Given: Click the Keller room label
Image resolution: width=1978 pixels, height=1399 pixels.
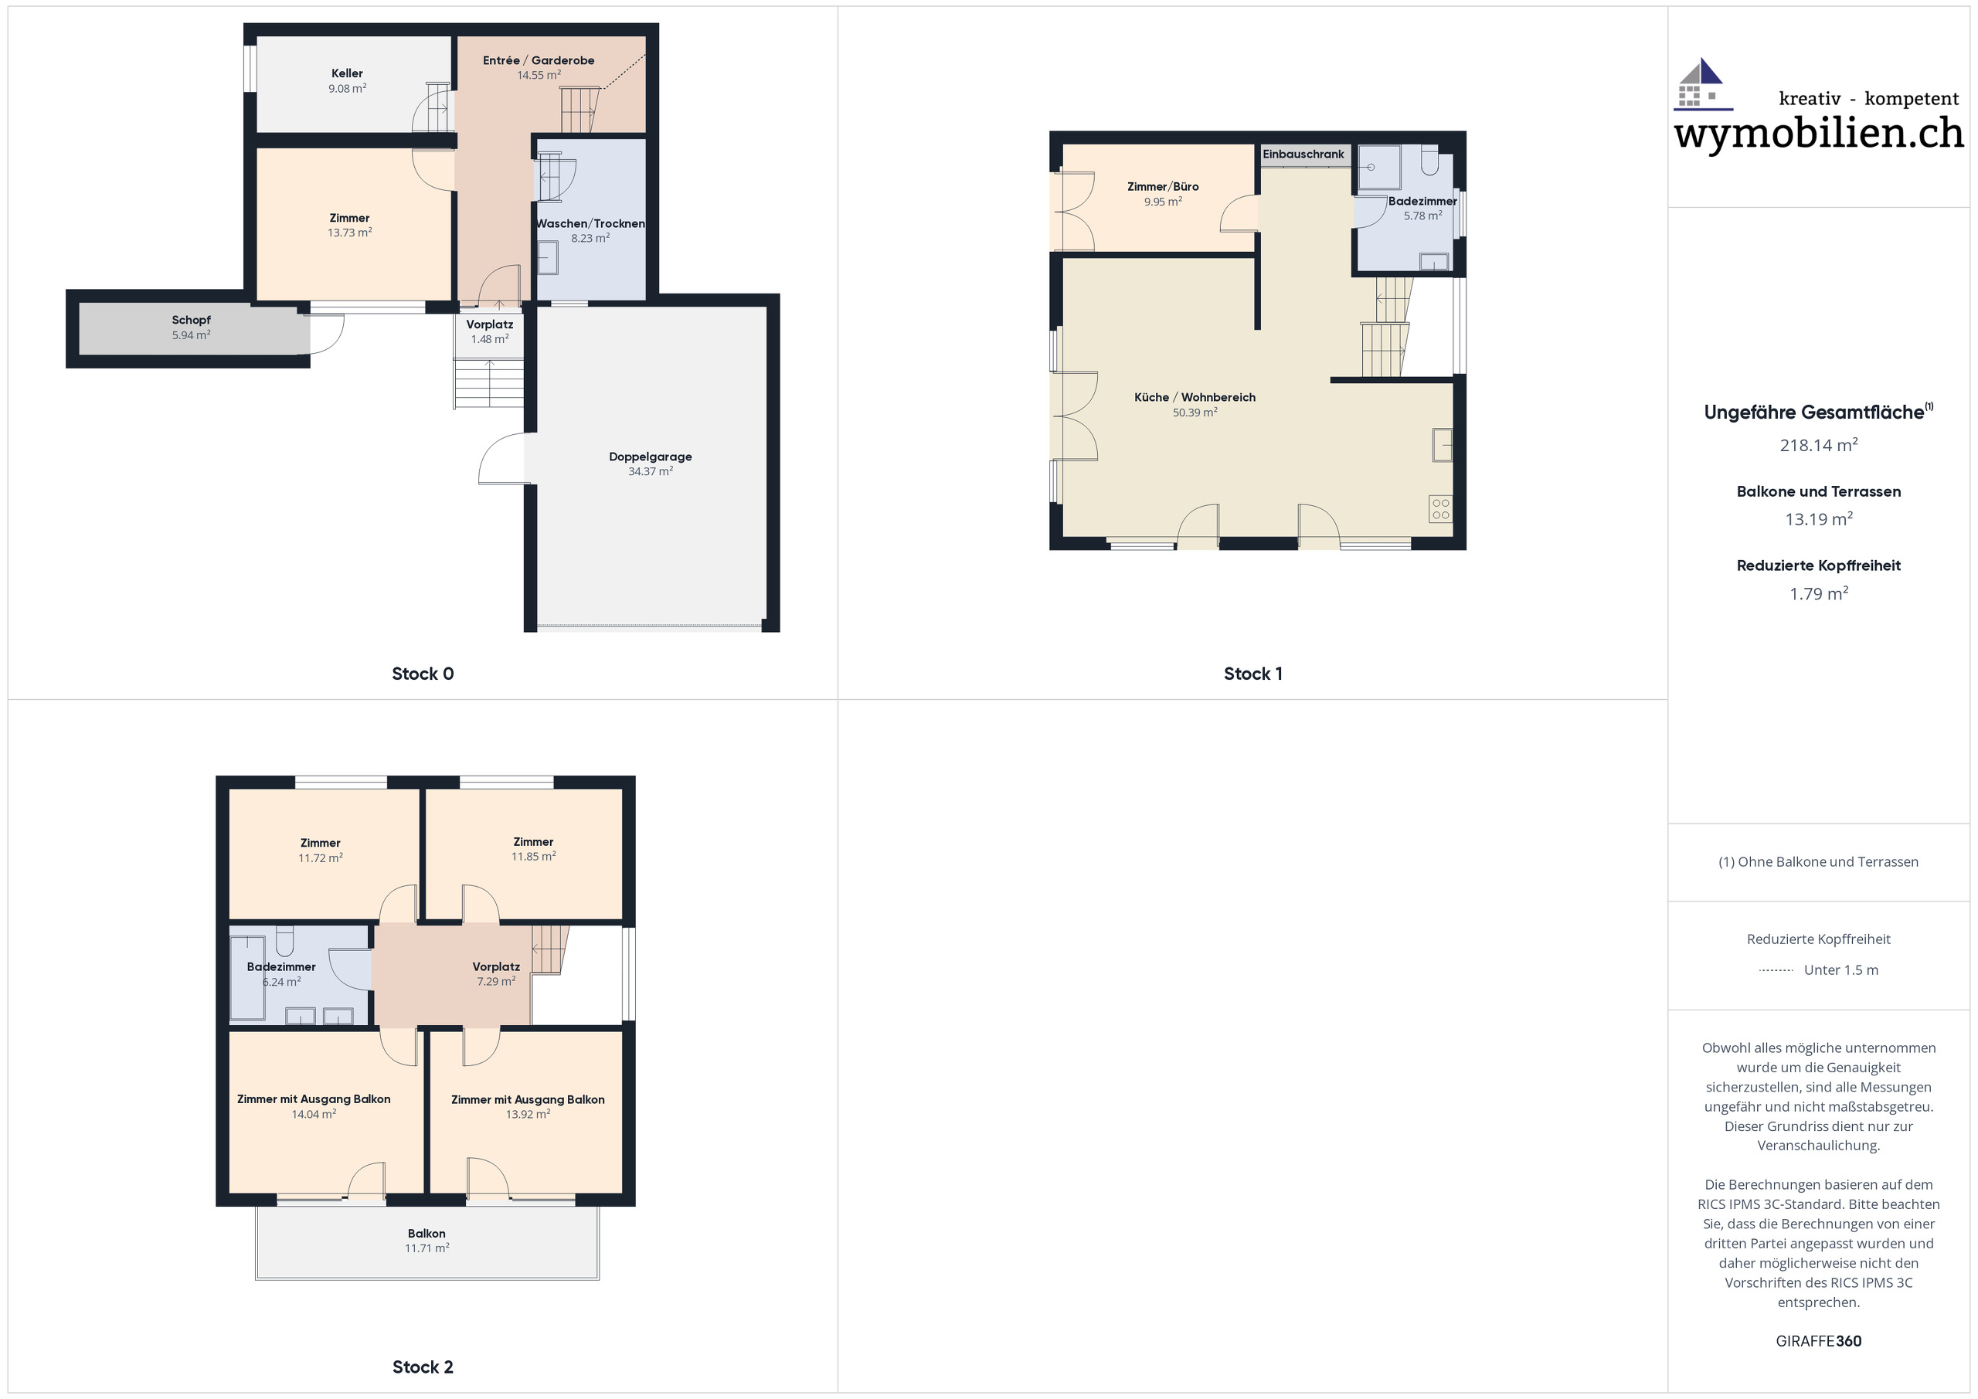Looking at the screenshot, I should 347,74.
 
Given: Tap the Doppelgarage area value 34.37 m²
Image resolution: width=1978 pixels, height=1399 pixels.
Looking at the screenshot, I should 650,472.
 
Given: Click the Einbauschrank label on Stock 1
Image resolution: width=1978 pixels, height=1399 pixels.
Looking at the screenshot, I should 1303,155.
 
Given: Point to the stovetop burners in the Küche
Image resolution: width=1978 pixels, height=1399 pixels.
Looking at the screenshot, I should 1440,509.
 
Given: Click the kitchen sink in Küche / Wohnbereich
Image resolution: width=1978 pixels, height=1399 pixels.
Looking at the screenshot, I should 1442,446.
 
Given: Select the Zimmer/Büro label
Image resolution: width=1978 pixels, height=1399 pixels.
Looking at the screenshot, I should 1162,187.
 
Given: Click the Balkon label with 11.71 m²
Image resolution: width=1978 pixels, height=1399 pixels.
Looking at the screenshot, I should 427,1234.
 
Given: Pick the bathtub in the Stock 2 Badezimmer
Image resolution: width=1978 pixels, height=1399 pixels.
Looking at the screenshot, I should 247,979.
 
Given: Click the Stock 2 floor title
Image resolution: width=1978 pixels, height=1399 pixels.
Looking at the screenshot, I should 422,1367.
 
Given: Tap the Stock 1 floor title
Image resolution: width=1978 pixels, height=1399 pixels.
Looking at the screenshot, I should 1252,674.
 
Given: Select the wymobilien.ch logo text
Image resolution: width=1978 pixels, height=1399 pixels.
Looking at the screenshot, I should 1818,134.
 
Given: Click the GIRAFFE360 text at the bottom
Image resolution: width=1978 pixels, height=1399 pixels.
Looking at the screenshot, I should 1818,1341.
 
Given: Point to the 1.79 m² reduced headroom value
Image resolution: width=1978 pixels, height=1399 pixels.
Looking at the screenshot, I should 1818,593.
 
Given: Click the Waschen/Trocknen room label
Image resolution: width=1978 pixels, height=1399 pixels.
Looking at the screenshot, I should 590,224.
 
